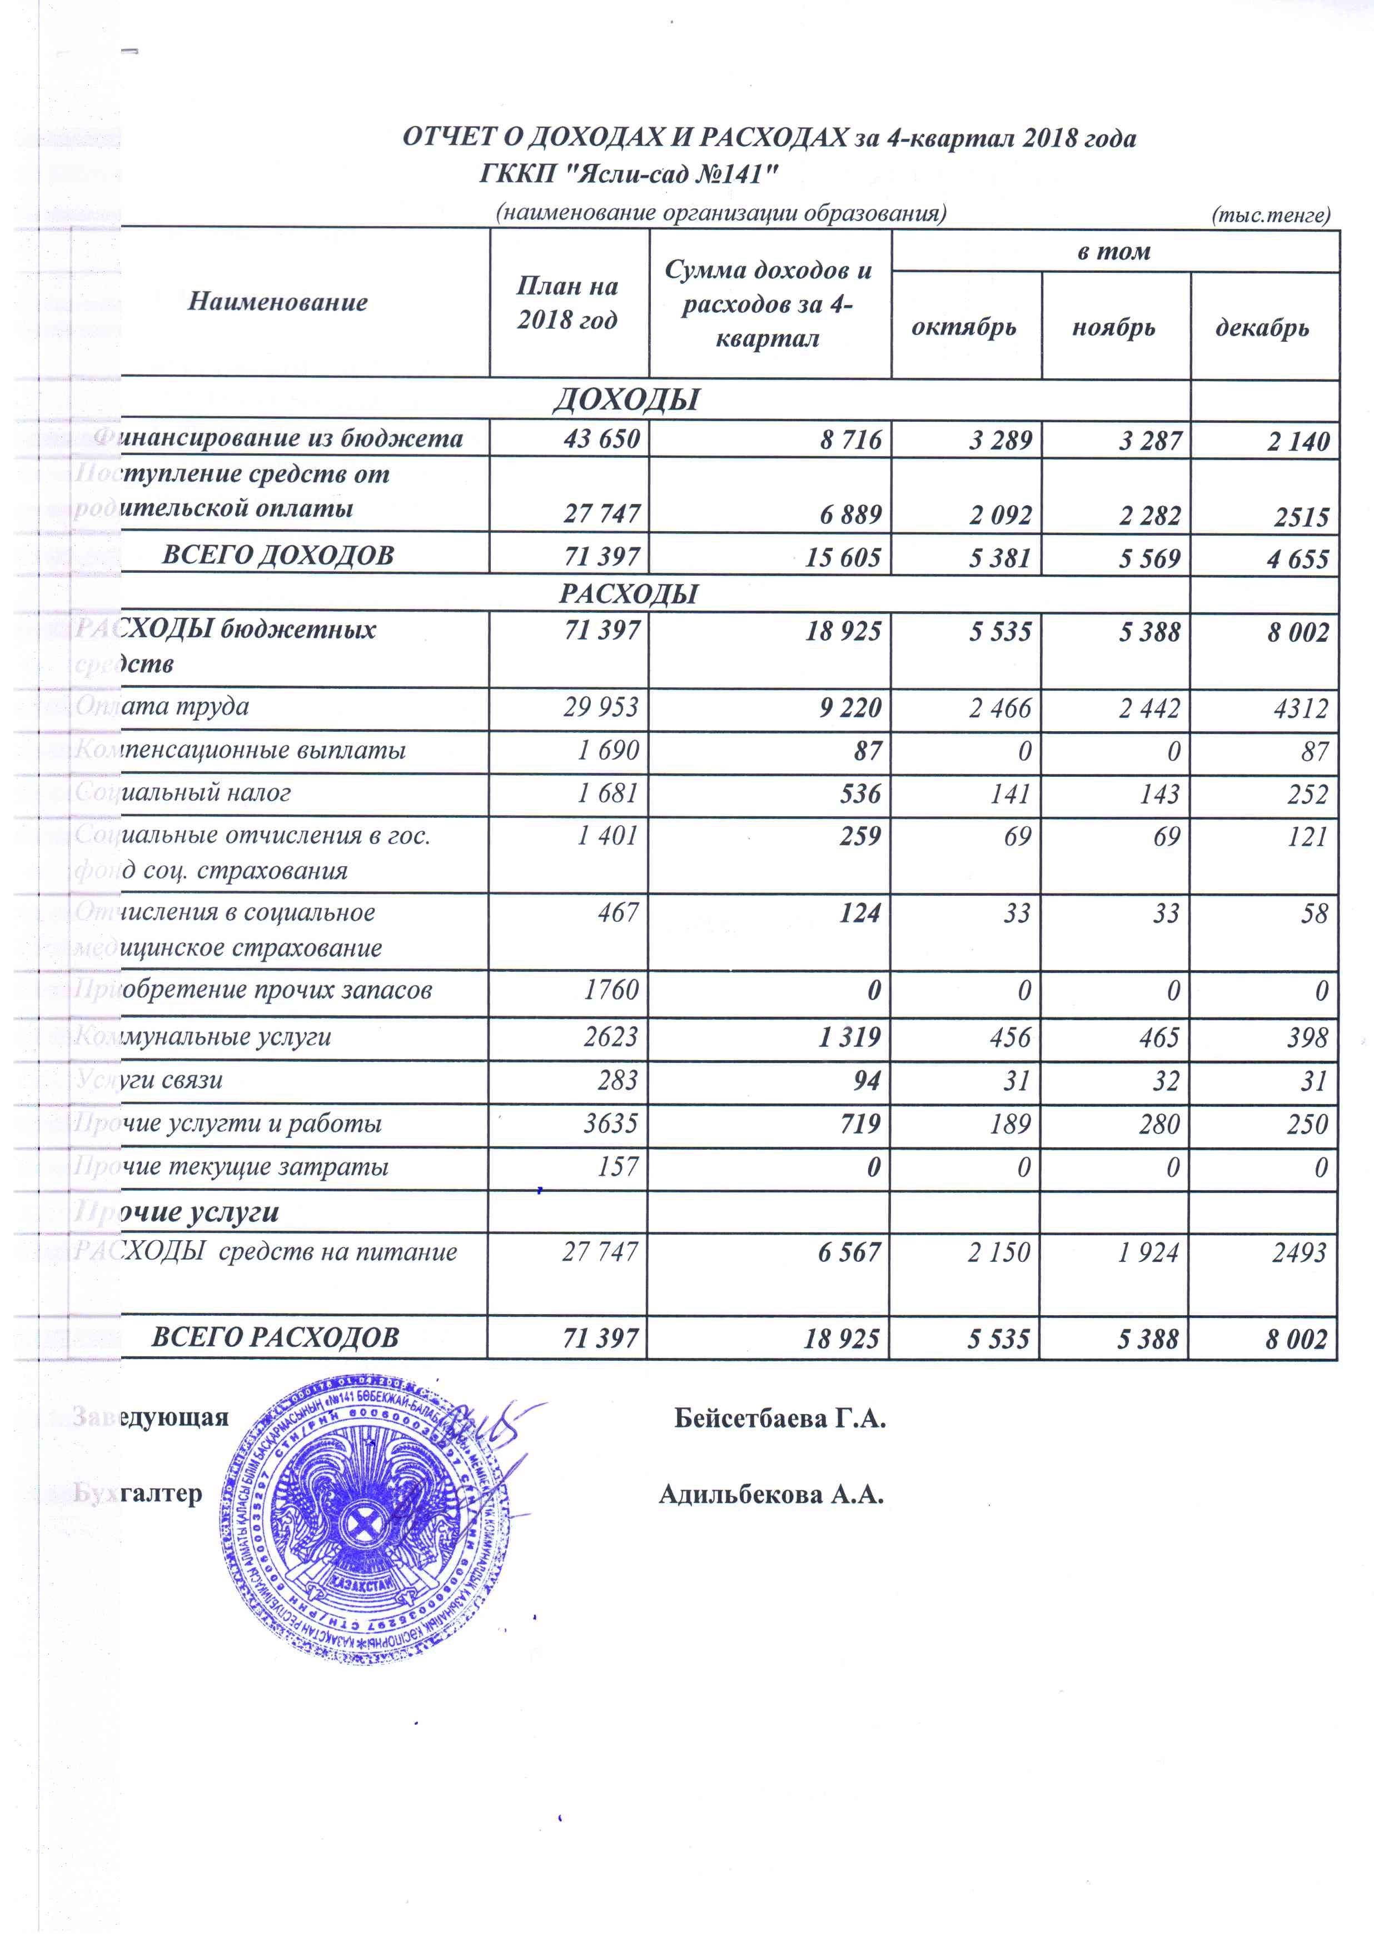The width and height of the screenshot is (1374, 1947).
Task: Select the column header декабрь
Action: click(1262, 327)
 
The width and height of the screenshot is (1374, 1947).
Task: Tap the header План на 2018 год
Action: click(567, 303)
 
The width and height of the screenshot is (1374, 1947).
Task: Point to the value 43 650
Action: click(601, 440)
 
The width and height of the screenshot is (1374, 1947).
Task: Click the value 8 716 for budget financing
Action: click(851, 440)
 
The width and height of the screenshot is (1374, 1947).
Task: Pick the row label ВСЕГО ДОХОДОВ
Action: click(278, 556)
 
